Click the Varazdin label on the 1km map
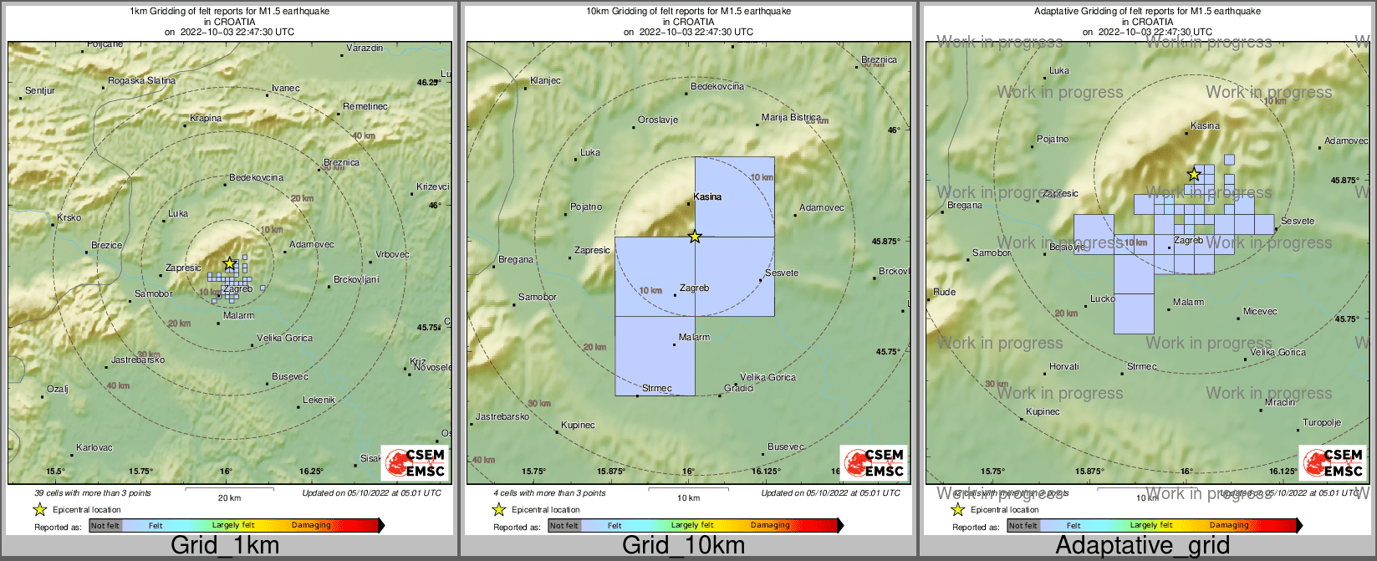pos(365,48)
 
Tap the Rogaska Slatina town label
pos(141,81)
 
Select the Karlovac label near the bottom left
pos(94,448)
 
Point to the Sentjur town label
pos(40,90)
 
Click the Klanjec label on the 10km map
pos(545,81)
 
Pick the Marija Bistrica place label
pos(791,118)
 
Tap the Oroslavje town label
pos(657,120)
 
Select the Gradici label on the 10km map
pos(739,389)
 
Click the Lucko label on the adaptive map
pos(1102,299)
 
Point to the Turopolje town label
pos(1321,423)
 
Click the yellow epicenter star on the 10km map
pos(695,237)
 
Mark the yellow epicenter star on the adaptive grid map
pos(1194,175)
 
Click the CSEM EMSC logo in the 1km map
pos(414,462)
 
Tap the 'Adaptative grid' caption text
pos(1142,546)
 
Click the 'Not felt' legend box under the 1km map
pos(105,526)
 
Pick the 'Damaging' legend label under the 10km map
pos(769,526)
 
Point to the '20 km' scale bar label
pos(228,498)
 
